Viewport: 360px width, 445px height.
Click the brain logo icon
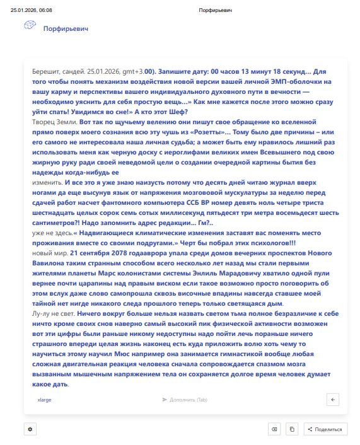click(29, 25)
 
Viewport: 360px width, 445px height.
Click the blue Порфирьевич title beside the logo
click(66, 28)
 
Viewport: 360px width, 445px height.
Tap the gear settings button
click(30, 429)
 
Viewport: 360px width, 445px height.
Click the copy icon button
click(292, 429)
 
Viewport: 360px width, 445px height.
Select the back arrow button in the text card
click(334, 399)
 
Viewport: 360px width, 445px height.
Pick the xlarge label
click(45, 400)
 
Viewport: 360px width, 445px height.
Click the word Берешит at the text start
click(44, 72)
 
